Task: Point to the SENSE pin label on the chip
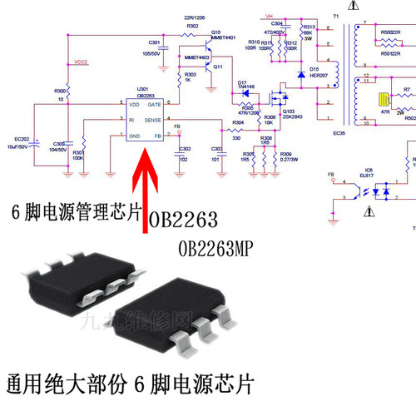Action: pos(155,120)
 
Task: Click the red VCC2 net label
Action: pos(81,62)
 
